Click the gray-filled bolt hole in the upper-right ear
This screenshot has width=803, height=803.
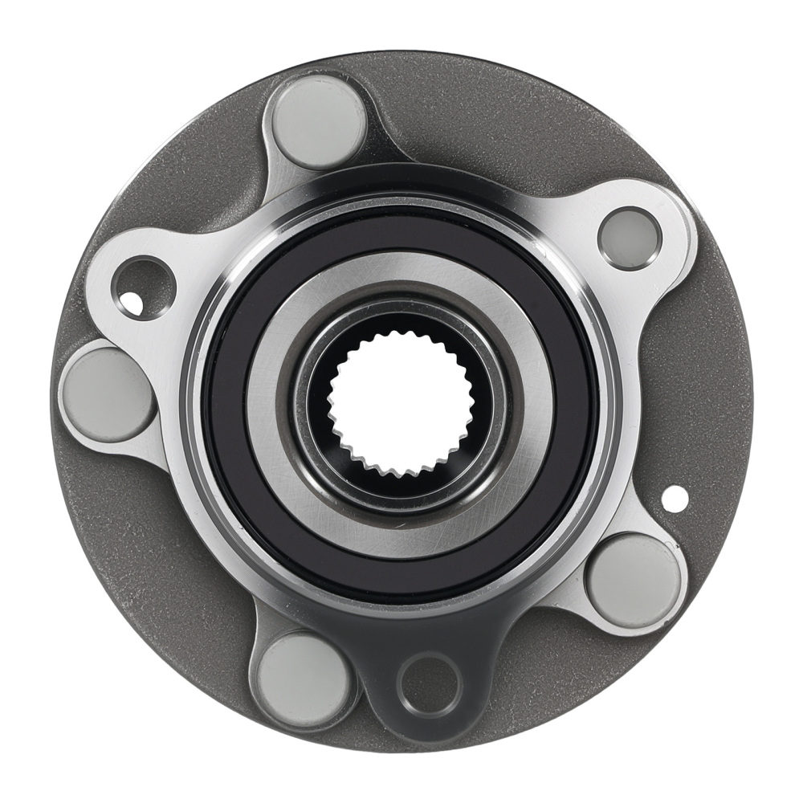click(630, 238)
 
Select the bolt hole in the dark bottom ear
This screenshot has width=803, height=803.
click(430, 686)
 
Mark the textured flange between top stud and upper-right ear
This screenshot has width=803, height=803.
click(482, 120)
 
